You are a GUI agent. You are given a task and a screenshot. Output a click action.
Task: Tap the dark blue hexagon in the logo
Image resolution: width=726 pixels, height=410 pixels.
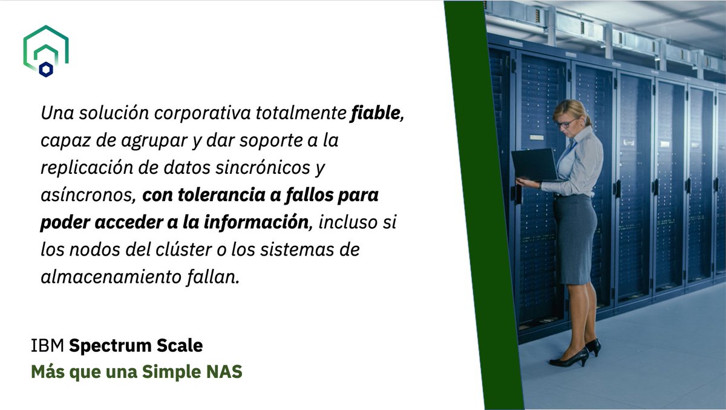46,70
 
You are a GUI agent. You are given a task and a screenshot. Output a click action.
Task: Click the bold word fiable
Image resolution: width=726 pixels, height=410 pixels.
376,113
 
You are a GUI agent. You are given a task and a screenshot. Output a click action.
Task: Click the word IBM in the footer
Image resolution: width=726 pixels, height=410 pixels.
47,346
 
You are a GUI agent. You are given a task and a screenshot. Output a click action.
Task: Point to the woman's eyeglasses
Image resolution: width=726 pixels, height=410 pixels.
567,123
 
